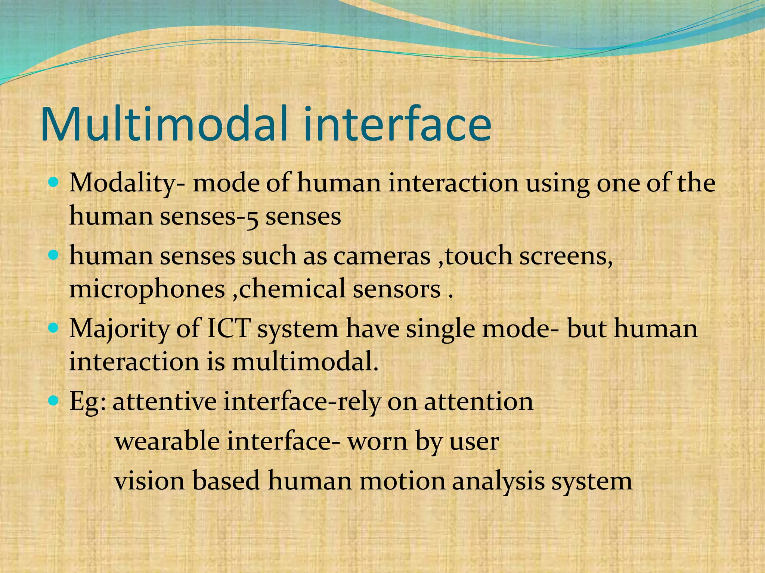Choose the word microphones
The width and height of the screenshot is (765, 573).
147,290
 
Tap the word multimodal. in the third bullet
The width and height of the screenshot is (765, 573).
305,361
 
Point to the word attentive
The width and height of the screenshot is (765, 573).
164,402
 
